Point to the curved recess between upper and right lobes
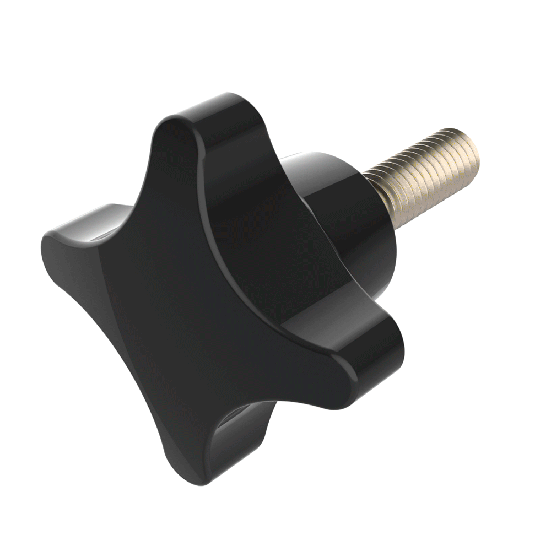(x=248, y=231)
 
